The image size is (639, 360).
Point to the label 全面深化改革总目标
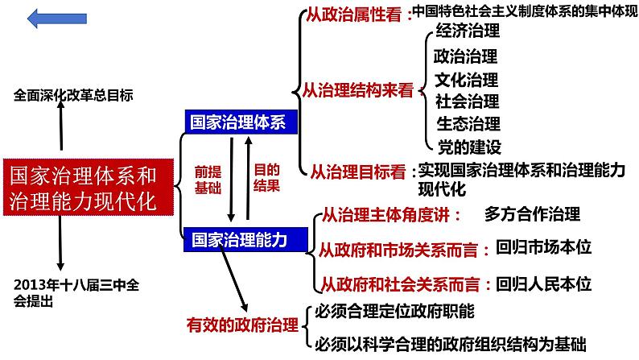pyautogui.click(x=73, y=95)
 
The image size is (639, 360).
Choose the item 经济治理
pyautogui.click(x=467, y=32)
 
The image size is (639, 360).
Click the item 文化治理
pyautogui.click(x=467, y=80)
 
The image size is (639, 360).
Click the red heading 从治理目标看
pyautogui.click(x=358, y=172)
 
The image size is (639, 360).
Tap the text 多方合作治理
pyautogui.click(x=532, y=214)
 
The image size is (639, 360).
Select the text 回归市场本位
pyautogui.click(x=544, y=248)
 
